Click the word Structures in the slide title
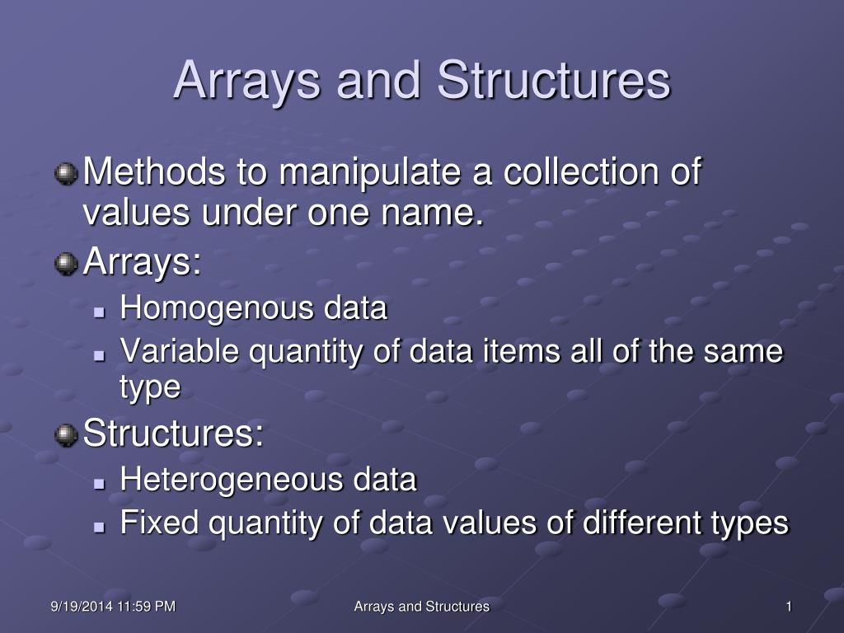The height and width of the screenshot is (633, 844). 554,80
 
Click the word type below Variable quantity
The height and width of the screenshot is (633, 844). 150,387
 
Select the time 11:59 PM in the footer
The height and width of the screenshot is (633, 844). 146,607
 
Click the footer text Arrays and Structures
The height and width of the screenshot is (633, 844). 421,607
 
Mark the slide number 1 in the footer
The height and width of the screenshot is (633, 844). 789,607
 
